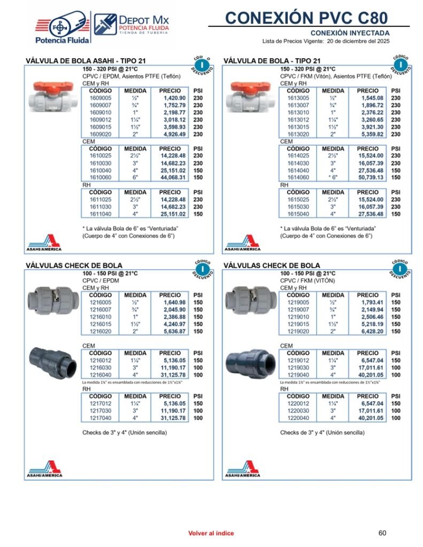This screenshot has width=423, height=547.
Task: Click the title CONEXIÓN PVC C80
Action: coord(306,18)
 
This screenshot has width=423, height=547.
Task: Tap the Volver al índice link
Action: coord(211,533)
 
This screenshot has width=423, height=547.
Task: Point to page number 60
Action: coord(382,533)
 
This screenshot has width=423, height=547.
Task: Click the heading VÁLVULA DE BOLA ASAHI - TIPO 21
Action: coord(86,61)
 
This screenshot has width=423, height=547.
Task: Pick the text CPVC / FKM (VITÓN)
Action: coord(307,280)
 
